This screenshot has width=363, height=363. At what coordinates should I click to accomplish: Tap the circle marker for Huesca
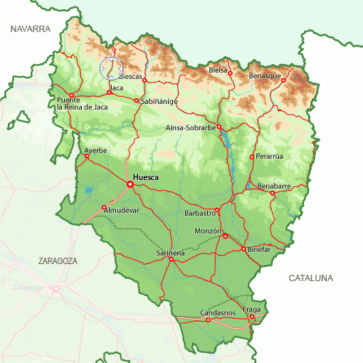click(x=130, y=184)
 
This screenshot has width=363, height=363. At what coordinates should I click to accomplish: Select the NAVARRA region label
click(x=30, y=29)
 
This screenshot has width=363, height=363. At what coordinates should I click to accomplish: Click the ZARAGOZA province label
click(x=58, y=261)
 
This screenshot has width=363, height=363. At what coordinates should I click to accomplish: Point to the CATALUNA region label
click(x=311, y=278)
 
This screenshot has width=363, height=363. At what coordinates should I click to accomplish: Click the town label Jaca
click(x=117, y=88)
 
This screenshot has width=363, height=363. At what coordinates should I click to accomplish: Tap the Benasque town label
click(x=264, y=75)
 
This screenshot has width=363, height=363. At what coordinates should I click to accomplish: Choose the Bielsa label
click(x=218, y=70)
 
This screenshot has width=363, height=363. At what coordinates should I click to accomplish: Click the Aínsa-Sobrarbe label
click(x=190, y=128)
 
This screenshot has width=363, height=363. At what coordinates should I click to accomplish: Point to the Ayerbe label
click(x=95, y=150)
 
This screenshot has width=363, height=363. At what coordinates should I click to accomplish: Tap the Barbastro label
click(x=199, y=213)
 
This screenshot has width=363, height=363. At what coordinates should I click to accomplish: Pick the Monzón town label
click(x=208, y=231)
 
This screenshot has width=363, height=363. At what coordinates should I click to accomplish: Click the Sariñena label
click(x=170, y=253)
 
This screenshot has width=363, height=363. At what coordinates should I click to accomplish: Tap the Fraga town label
click(x=253, y=309)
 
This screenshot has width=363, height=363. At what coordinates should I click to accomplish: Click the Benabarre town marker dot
click(x=272, y=193)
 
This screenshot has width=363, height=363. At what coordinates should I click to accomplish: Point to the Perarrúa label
click(x=270, y=156)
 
